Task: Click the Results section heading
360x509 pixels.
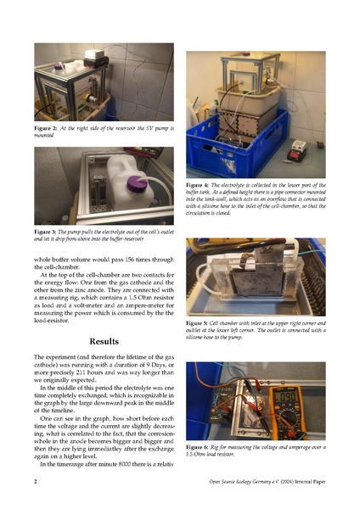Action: point(104,342)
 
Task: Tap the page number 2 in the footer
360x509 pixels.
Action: point(36,481)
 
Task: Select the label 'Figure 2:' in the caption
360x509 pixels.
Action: point(46,128)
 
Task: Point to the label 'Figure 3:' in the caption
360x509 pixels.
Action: point(45,232)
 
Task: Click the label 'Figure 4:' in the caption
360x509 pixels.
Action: point(197,185)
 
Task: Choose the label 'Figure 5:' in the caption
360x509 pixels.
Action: point(197,323)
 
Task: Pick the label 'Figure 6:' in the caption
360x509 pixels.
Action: point(197,447)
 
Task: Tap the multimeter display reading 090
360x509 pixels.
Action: point(285,397)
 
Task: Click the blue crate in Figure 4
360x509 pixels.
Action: point(237,149)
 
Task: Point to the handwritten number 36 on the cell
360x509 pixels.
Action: point(267,250)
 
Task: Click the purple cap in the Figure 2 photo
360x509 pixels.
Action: point(59,66)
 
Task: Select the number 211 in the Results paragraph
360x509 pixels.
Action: point(81,372)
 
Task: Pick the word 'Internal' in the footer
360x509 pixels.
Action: point(303,482)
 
